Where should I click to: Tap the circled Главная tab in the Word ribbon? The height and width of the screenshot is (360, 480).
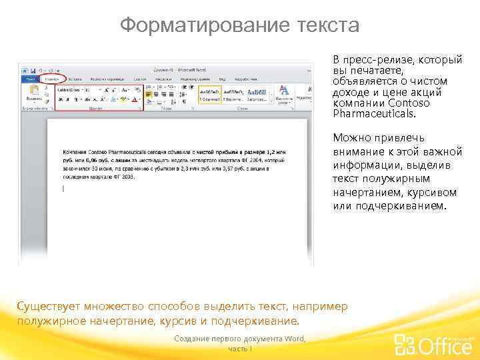click(x=51, y=79)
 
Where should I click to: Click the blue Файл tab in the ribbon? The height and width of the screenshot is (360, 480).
click(x=31, y=79)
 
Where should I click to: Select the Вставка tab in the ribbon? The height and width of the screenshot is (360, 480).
click(x=75, y=79)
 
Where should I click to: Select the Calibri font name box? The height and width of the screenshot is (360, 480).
click(x=69, y=89)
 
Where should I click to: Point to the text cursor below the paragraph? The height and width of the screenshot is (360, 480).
click(x=63, y=189)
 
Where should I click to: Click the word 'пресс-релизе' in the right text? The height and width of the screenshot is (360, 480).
click(x=378, y=60)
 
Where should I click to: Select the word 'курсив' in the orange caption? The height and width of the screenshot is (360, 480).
click(x=175, y=321)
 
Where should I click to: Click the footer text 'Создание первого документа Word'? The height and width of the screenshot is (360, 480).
click(x=239, y=339)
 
